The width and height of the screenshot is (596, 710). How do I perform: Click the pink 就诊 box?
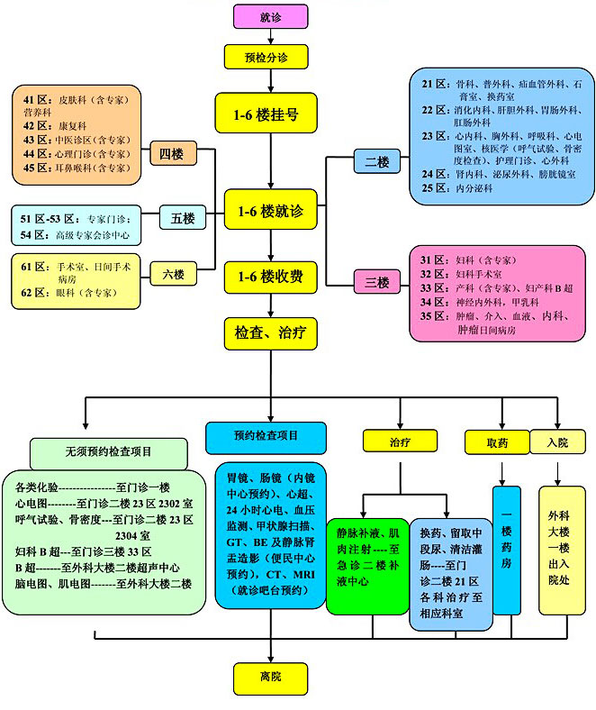click(269, 16)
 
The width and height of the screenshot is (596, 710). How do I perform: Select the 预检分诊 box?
click(269, 56)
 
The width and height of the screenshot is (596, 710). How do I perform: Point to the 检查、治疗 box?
click(269, 332)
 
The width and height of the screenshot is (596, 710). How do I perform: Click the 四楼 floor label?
click(172, 155)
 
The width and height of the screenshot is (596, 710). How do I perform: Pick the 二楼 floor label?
click(376, 162)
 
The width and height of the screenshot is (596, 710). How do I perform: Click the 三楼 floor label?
click(375, 283)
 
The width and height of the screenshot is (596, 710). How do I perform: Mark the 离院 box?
click(269, 676)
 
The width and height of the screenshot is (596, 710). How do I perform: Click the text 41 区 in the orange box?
click(36, 98)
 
